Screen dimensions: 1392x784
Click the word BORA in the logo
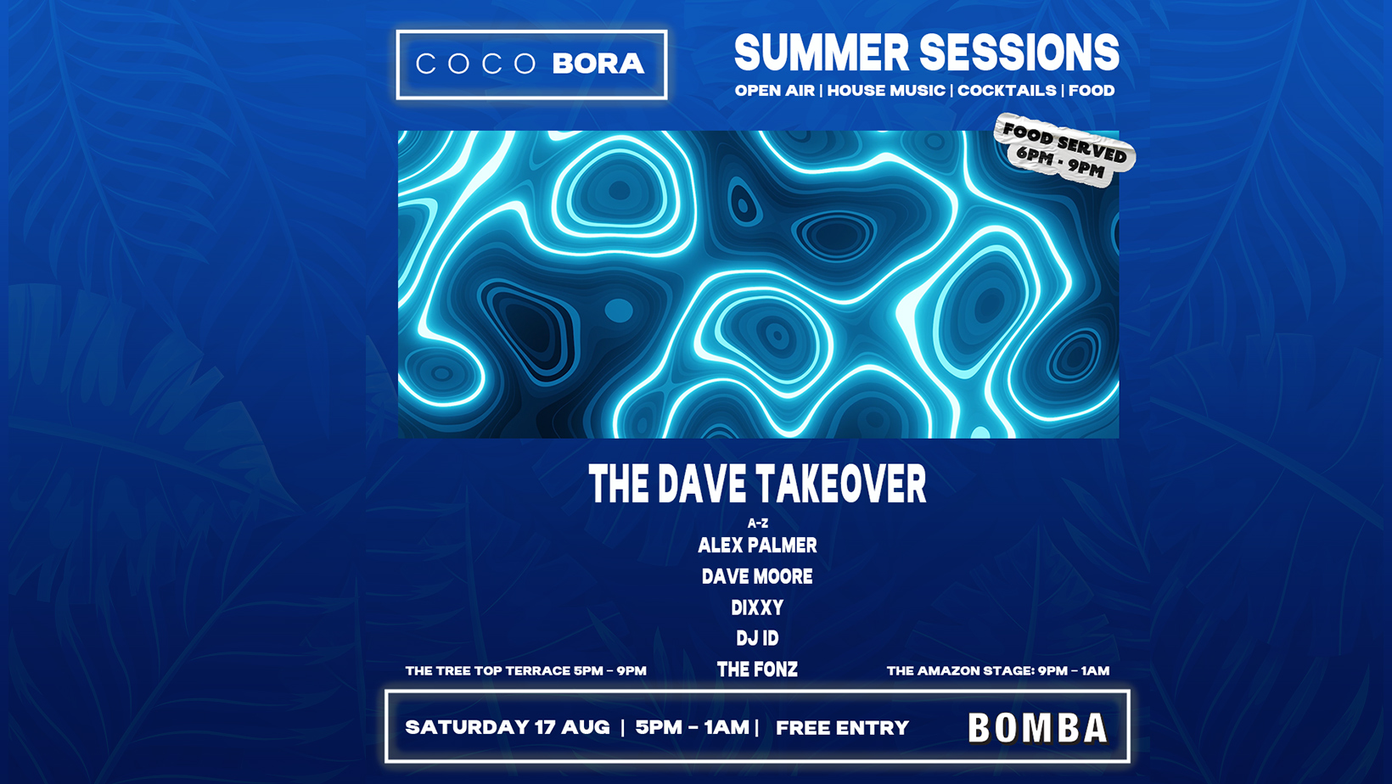[x=598, y=64]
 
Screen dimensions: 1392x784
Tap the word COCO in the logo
[x=475, y=64]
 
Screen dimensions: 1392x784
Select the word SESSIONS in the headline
[x=1019, y=53]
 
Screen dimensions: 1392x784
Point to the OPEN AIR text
[x=774, y=91]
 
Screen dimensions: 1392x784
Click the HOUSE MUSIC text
[x=886, y=91]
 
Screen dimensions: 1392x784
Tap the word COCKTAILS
[x=1007, y=91]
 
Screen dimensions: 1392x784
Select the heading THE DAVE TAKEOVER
[x=757, y=484]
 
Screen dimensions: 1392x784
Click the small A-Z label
[x=757, y=523]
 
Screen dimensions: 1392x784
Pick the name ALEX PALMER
[x=757, y=546]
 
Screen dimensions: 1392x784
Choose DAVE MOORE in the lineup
[x=757, y=576]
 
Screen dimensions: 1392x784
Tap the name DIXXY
[x=757, y=608]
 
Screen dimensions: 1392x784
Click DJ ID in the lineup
[x=757, y=638]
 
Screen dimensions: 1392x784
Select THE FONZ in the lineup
[x=757, y=669]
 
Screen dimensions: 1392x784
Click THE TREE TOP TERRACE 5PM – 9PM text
[x=525, y=671]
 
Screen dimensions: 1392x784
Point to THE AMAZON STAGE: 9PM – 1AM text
[x=998, y=671]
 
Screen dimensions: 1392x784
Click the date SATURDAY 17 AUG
[x=507, y=727]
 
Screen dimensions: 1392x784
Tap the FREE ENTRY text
[x=843, y=728]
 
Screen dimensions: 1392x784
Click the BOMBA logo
[x=1038, y=728]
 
